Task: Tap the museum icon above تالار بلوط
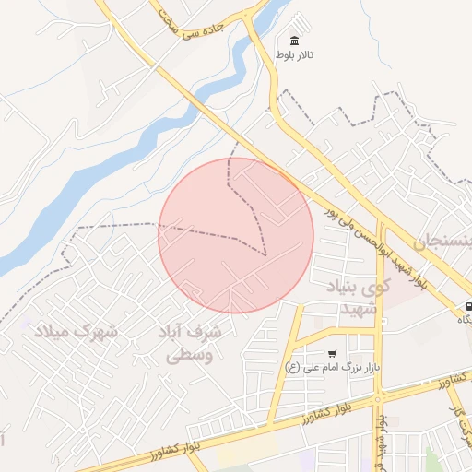click(x=294, y=41)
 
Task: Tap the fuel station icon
click(x=470, y=307)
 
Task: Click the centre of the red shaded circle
click(x=236, y=235)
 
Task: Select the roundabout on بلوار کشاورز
click(x=379, y=398)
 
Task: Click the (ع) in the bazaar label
click(x=292, y=368)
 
